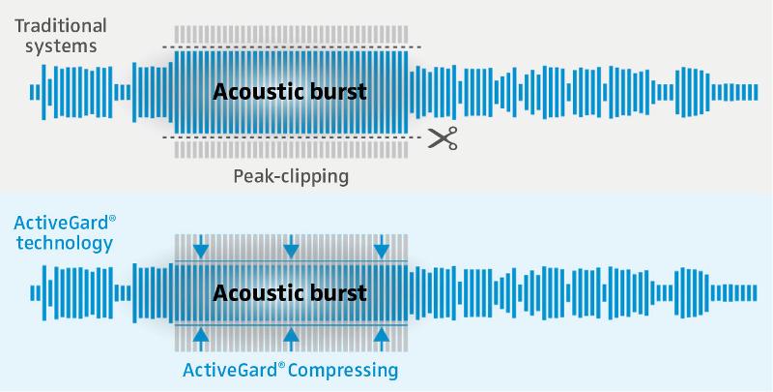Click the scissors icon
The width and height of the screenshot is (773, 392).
tap(443, 137)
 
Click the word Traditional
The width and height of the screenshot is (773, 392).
tap(61, 26)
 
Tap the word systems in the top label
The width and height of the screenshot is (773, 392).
tap(61, 46)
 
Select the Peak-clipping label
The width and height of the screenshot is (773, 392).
tap(291, 177)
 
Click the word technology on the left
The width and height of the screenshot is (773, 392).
tap(64, 243)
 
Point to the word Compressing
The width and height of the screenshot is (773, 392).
tap(344, 370)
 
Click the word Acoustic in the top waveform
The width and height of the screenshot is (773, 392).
tap(250, 92)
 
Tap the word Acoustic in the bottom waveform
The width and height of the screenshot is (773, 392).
tap(250, 293)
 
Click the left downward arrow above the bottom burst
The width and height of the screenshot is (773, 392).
tap(201, 247)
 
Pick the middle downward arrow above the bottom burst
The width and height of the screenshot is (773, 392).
tap(291, 247)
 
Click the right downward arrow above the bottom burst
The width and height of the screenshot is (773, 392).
tap(382, 247)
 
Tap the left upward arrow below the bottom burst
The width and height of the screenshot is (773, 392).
tap(201, 340)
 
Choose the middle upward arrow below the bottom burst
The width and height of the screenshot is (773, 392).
tap(291, 340)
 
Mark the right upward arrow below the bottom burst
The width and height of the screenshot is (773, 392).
tap(382, 340)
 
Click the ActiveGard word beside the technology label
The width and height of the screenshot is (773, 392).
tap(61, 224)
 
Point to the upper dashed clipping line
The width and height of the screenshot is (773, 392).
tap(292, 47)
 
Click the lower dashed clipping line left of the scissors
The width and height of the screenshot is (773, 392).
tap(292, 137)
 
